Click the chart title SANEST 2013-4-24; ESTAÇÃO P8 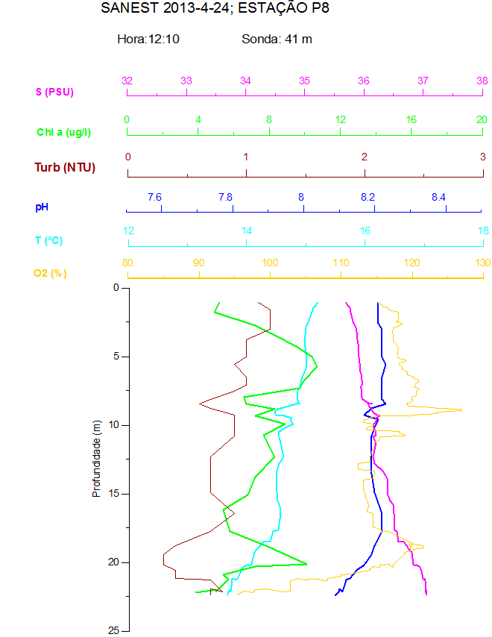click(x=215, y=9)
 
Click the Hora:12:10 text click(x=148, y=39)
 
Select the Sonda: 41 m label click(x=277, y=39)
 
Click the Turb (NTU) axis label click(x=65, y=167)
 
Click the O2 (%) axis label click(x=50, y=274)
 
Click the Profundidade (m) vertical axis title click(x=96, y=458)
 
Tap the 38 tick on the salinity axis click(x=482, y=81)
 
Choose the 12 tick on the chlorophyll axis click(x=340, y=119)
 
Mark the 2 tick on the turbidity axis click(x=365, y=157)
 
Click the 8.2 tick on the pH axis click(x=368, y=197)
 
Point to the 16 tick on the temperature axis click(x=365, y=230)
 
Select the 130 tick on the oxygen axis click(x=482, y=263)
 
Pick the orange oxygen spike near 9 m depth click(x=461, y=409)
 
